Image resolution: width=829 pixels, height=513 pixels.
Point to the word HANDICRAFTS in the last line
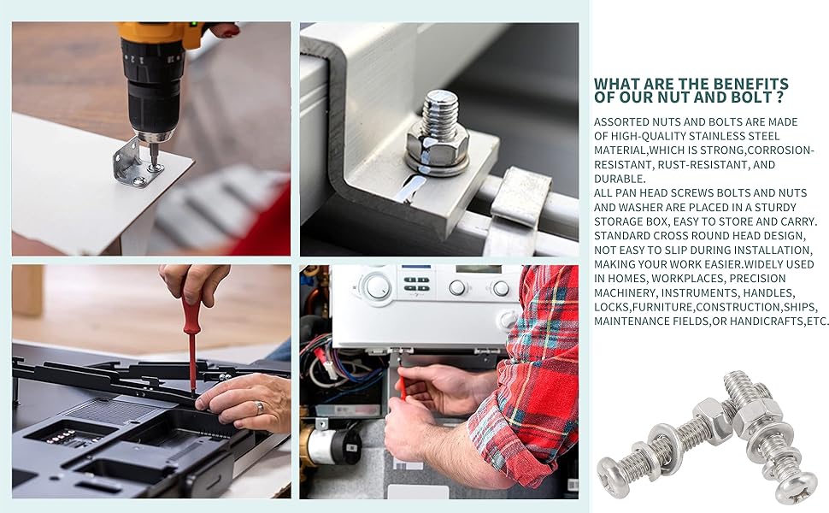pos(763,321)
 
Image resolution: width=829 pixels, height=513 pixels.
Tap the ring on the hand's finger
pos(259,409)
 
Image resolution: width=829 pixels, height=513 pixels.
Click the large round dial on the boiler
pos(376,286)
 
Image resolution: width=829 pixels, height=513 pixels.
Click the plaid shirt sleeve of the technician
pos(534,368)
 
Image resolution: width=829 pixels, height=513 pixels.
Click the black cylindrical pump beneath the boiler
pos(338,444)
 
